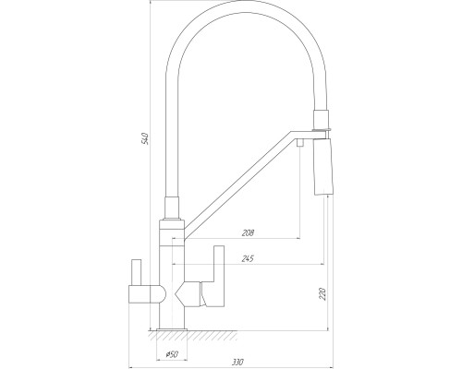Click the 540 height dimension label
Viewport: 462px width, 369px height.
(x=146, y=139)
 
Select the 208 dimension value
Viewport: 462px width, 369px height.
(x=248, y=233)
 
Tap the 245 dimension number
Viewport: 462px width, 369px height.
(x=248, y=258)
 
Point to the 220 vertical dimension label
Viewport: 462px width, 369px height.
(x=322, y=294)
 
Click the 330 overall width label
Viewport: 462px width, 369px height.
(x=237, y=362)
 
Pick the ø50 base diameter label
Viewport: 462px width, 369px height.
(x=172, y=354)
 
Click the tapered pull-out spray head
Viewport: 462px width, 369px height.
(x=323, y=167)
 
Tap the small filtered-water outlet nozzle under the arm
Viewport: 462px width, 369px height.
(x=300, y=143)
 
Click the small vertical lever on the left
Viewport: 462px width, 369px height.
(x=137, y=272)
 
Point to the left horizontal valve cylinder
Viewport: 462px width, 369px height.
(x=147, y=294)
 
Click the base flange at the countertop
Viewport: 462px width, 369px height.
(x=172, y=329)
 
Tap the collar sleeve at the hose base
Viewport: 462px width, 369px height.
(x=172, y=208)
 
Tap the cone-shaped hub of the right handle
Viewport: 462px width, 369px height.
(x=188, y=294)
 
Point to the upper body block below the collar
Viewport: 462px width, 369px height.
(x=172, y=232)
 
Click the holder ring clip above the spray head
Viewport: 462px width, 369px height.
(x=322, y=128)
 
